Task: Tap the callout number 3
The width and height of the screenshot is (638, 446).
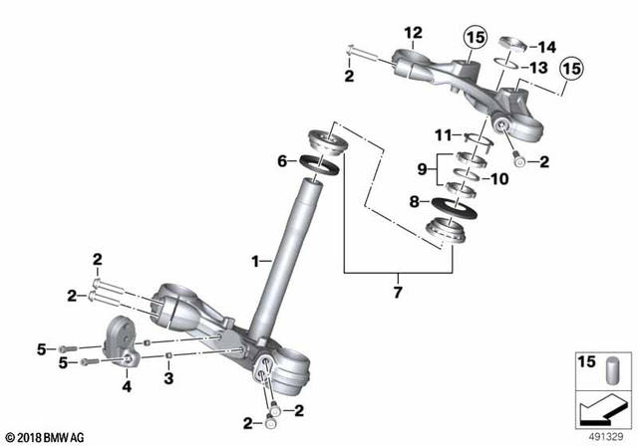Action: click(x=169, y=378)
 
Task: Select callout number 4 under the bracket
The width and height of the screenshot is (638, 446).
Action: click(x=126, y=386)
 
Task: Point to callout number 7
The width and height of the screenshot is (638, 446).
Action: click(x=398, y=292)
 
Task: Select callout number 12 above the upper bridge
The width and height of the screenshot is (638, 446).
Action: click(x=413, y=34)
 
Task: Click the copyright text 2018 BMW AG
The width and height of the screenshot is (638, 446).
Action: click(x=44, y=437)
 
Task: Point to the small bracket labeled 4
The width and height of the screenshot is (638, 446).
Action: click(x=120, y=338)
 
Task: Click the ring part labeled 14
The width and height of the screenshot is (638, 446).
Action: click(x=514, y=43)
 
